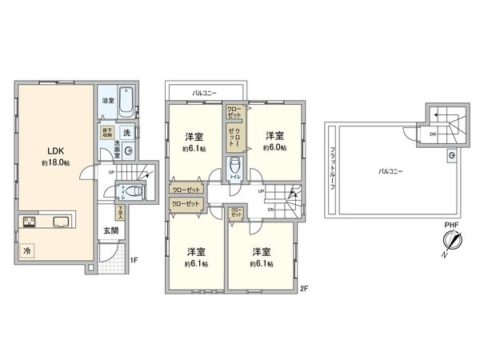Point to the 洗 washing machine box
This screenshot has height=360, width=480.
tap(126, 132)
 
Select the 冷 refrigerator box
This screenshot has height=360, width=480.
tap(28, 250)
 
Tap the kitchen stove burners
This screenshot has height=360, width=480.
tap(29, 222)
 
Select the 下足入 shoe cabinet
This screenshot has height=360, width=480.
tap(119, 213)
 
